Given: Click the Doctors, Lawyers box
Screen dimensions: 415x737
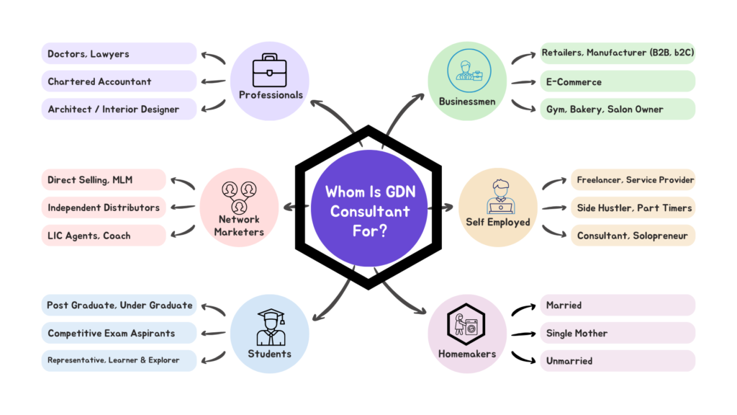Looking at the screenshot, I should [x=119, y=54].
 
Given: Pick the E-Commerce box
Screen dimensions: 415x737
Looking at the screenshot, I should [x=618, y=81].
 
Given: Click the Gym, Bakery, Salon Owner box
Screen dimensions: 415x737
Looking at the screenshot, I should [x=618, y=110].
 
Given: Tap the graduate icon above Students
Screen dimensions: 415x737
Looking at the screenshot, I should [x=271, y=327].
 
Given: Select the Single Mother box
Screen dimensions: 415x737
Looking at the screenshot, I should [x=618, y=334].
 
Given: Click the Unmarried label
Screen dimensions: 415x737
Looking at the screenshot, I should [x=569, y=361].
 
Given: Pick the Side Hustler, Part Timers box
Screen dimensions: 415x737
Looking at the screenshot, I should [x=633, y=207].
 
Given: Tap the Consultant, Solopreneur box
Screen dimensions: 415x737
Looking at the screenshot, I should [x=633, y=236].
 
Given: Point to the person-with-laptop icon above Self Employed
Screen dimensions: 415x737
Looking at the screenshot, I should [x=498, y=196].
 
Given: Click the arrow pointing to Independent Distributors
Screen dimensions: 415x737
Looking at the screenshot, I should [x=184, y=207].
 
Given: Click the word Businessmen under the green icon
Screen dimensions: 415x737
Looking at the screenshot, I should [x=467, y=102].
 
